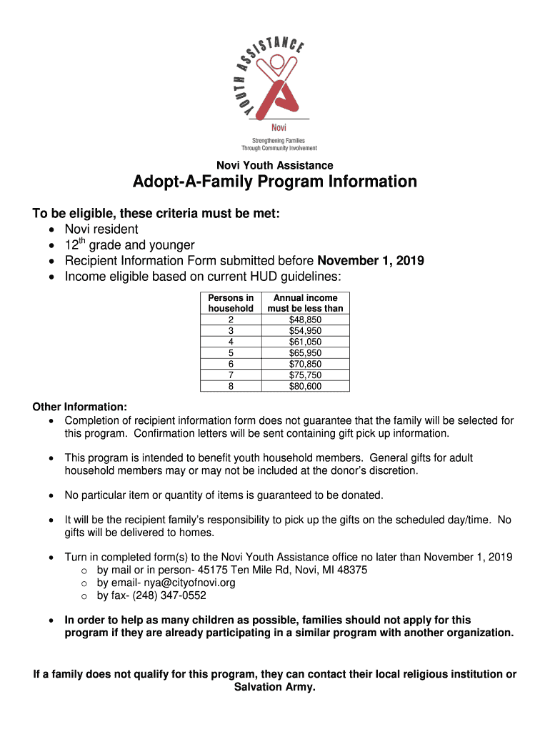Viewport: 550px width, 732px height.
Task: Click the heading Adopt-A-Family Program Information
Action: pyautogui.click(x=275, y=182)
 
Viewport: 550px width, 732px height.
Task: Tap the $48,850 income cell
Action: pyautogui.click(x=305, y=320)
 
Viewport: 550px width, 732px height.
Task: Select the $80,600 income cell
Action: pyautogui.click(x=305, y=386)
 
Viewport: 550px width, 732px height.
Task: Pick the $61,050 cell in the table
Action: pyautogui.click(x=305, y=342)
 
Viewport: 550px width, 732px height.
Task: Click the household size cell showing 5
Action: pyautogui.click(x=230, y=353)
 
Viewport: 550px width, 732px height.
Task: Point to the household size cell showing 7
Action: pyautogui.click(x=230, y=375)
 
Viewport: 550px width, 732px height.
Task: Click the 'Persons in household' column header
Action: pyautogui.click(x=230, y=303)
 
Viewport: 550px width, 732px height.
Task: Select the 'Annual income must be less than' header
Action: pyautogui.click(x=305, y=303)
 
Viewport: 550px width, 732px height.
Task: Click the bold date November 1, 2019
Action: pyautogui.click(x=370, y=260)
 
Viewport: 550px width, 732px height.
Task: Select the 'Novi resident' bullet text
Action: pyautogui.click(x=101, y=229)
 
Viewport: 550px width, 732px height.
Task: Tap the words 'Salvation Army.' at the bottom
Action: pyautogui.click(x=275, y=688)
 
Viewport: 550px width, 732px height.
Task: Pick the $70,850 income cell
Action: pyautogui.click(x=305, y=364)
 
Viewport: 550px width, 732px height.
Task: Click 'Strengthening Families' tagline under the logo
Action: pyautogui.click(x=274, y=141)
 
